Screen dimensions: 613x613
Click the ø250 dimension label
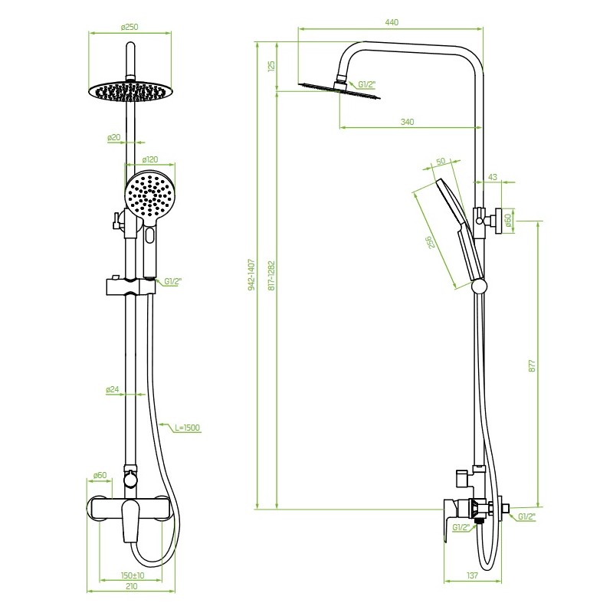[129, 27]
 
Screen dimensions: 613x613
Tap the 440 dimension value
[392, 22]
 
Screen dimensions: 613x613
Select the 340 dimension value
[408, 122]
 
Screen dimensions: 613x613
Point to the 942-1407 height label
[251, 274]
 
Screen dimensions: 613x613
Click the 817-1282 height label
[272, 275]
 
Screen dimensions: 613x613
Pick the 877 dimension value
[532, 365]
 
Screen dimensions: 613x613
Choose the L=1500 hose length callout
[187, 428]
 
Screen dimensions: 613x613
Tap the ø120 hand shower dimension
[150, 159]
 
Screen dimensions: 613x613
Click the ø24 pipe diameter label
[113, 389]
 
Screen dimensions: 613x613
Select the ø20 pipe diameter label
[114, 137]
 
